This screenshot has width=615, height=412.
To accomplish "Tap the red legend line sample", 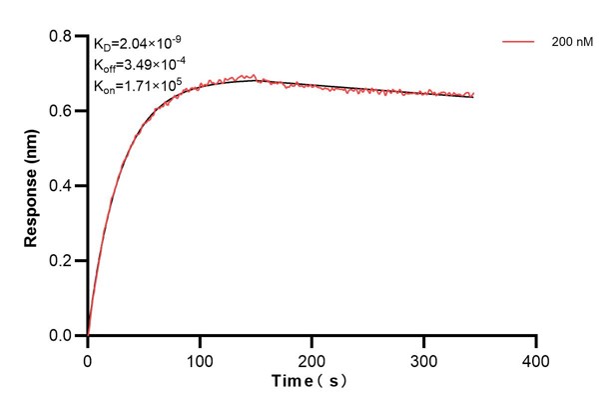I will pos(518,43).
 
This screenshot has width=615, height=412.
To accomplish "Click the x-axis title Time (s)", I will pos(311,382).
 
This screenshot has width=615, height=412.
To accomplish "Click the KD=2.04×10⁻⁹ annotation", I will pos(138,44).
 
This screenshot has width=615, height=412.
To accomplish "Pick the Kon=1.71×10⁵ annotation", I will pos(139,84).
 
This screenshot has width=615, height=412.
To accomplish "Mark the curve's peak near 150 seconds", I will pos(255,77).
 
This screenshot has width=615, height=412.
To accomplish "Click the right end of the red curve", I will pos(473,95).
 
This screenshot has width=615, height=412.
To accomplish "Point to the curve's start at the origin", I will pos(88,335).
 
